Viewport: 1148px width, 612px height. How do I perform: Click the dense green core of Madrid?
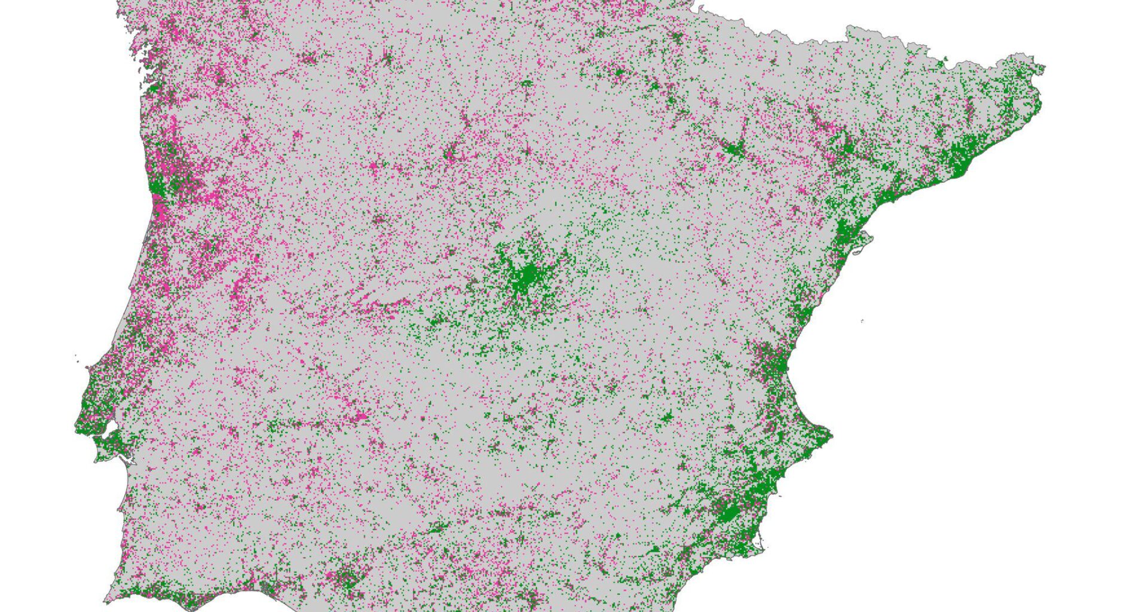(526, 276)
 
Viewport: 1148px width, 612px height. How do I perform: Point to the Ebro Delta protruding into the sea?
(865, 242)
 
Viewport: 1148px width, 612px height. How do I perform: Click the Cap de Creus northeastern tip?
(1043, 68)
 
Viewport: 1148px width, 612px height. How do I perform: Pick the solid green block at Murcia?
(729, 512)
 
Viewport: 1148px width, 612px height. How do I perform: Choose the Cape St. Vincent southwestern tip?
(106, 598)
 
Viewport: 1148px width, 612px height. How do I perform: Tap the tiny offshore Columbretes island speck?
(862, 322)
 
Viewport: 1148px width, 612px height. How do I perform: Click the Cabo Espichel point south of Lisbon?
(96, 460)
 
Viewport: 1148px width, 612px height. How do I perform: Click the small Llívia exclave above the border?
(945, 60)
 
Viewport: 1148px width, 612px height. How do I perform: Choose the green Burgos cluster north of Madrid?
(527, 84)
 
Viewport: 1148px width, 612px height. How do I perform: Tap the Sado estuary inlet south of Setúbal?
(123, 463)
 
